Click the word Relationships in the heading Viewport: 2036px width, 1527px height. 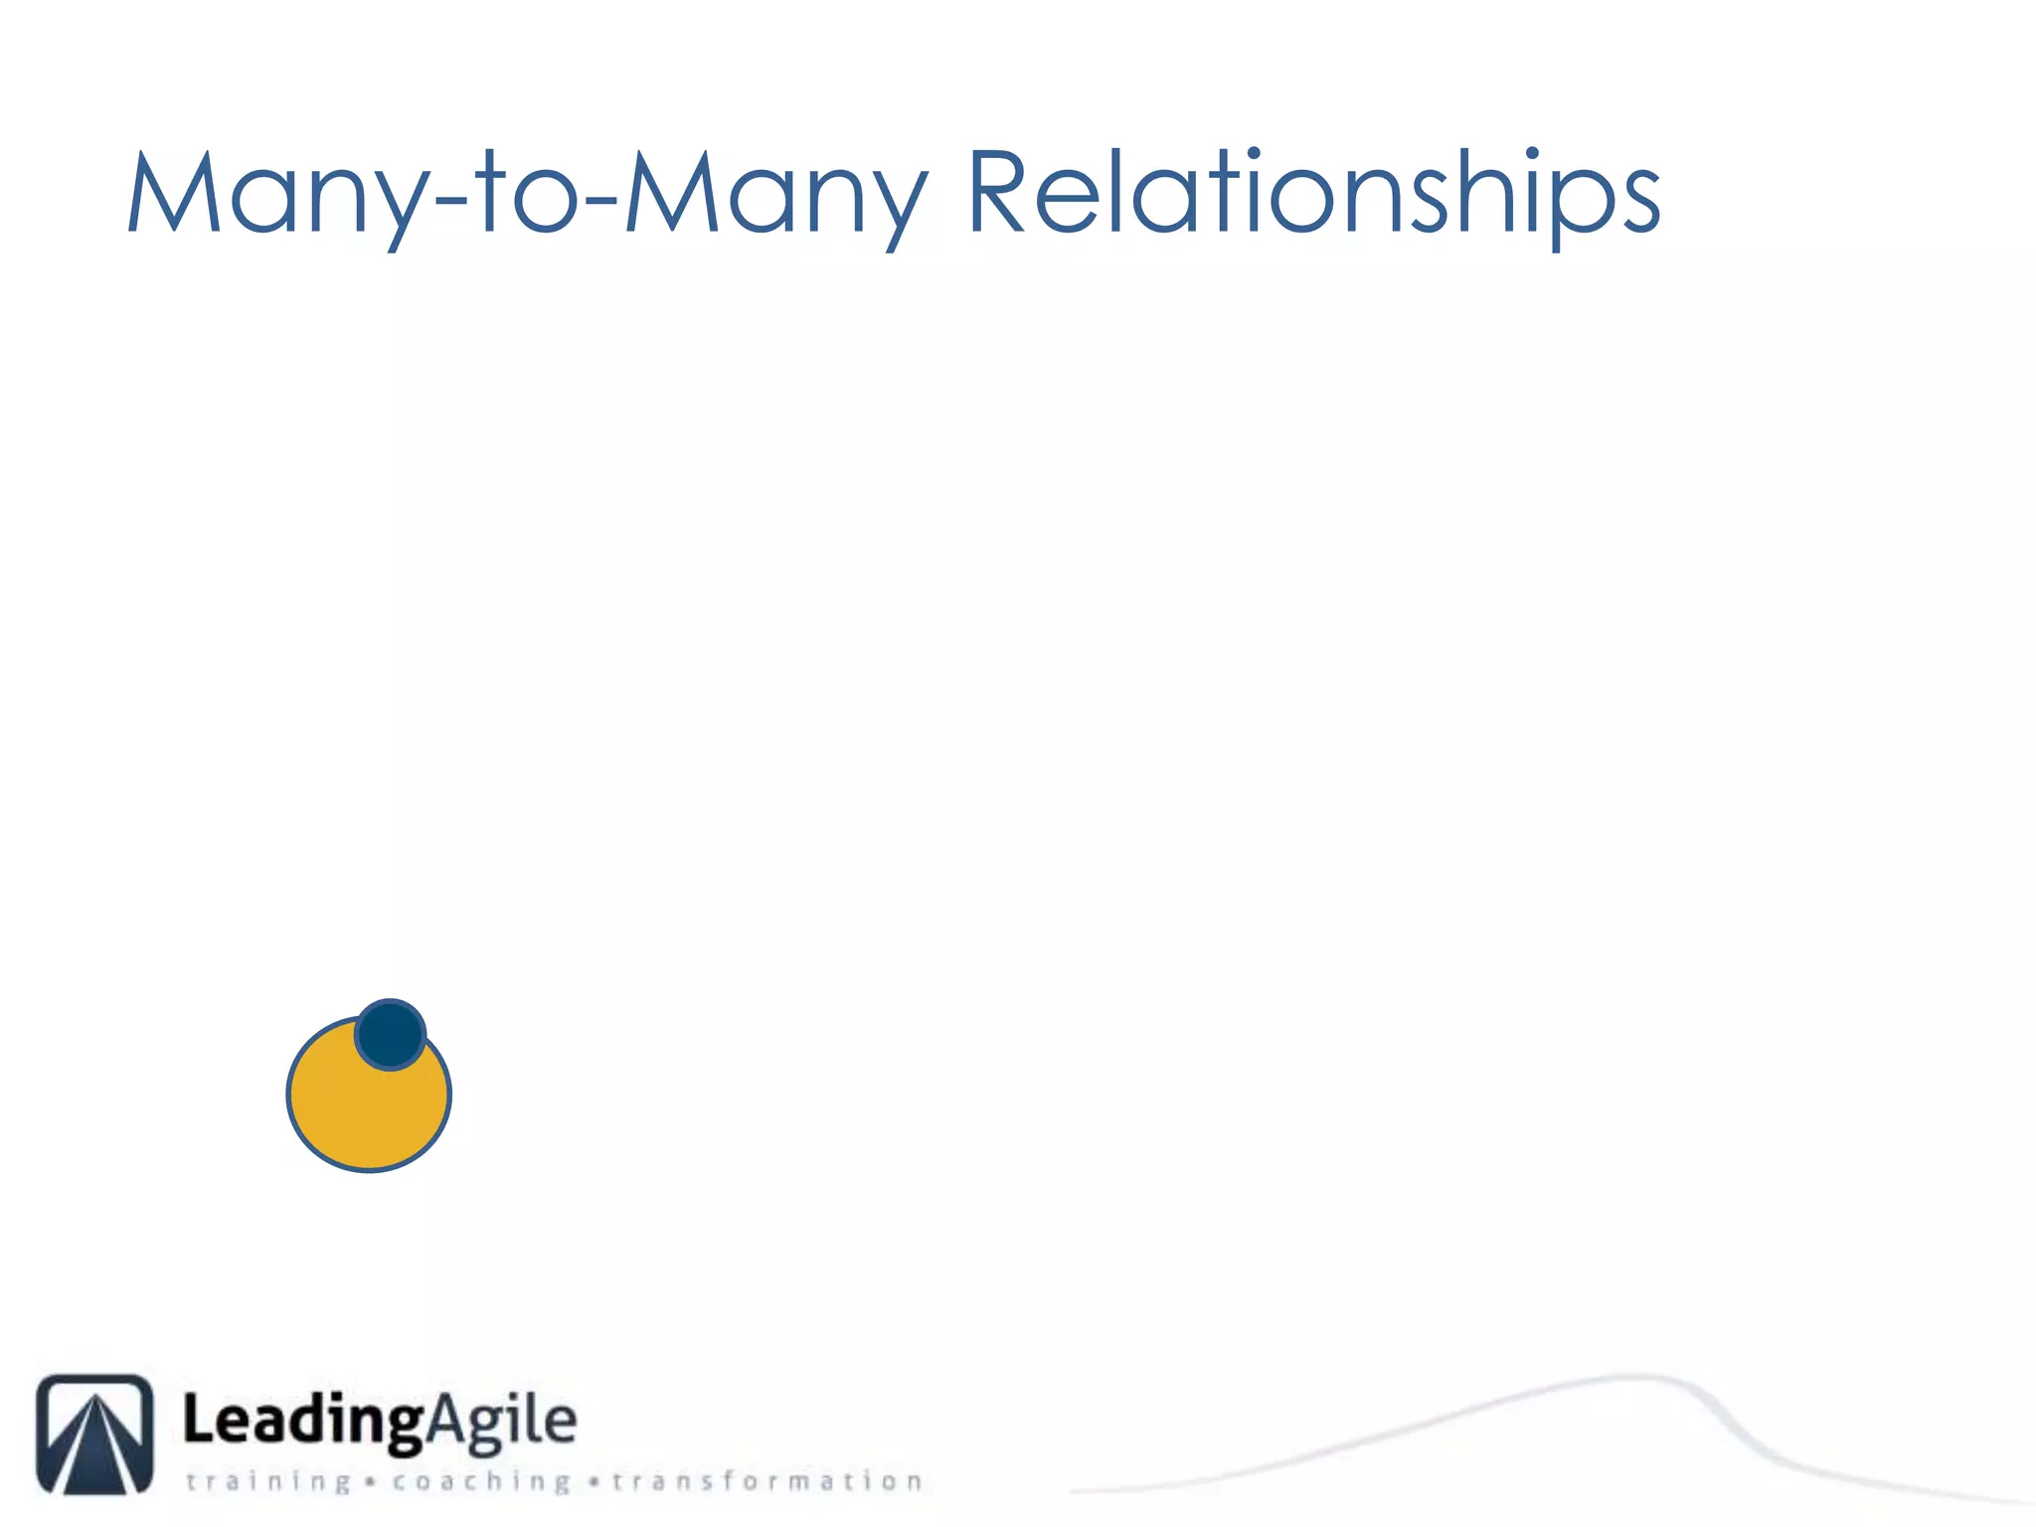(1312, 193)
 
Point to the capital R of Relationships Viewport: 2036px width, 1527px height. (997, 193)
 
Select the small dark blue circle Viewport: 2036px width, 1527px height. (391, 1035)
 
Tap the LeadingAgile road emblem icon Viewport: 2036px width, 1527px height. (95, 1434)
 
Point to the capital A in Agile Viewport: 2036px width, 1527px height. (450, 1420)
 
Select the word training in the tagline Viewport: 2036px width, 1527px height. (268, 1481)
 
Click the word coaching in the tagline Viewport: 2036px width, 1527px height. (481, 1481)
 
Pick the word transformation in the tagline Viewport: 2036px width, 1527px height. (766, 1481)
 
